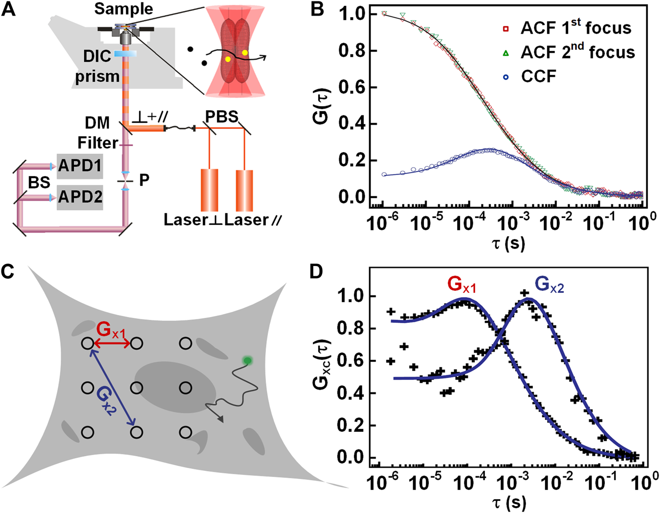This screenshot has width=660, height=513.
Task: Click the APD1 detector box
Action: click(x=80, y=166)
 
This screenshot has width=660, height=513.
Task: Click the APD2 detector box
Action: click(x=80, y=197)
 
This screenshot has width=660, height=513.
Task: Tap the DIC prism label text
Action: click(x=97, y=67)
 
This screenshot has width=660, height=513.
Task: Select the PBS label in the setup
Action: click(x=221, y=117)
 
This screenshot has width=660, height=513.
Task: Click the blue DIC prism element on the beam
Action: click(x=125, y=53)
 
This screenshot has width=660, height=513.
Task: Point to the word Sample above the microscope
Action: click(x=123, y=9)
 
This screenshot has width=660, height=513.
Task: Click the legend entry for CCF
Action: click(x=538, y=76)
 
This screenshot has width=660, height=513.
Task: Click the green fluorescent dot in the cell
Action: click(x=248, y=361)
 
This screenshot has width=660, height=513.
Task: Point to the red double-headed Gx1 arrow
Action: click(x=111, y=344)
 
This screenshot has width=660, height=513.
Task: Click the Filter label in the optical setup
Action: click(x=98, y=143)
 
